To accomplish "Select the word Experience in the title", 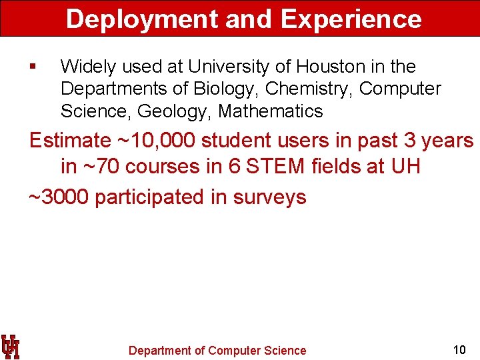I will (351, 19).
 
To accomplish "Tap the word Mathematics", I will (270, 111).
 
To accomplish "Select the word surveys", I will (269, 197).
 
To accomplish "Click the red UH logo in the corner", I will (11, 347).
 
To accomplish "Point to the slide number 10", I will (459, 349).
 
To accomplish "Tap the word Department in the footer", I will (160, 351).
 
